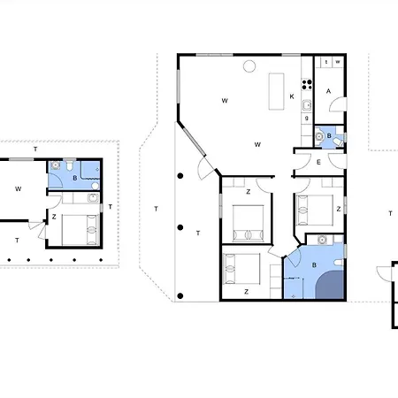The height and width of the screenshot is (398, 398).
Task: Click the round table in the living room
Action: [x=249, y=66]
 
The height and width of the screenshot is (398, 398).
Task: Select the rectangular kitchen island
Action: [x=277, y=91]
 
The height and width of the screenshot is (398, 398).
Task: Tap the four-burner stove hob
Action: [x=307, y=84]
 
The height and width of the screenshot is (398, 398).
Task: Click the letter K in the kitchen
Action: [x=292, y=96]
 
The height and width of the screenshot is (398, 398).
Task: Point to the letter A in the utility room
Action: [x=328, y=91]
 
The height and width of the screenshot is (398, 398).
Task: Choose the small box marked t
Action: [x=326, y=62]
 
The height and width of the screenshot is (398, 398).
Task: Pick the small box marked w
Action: [x=338, y=62]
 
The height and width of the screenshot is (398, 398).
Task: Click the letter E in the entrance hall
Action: [x=318, y=162]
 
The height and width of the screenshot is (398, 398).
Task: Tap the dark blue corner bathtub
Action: [x=330, y=285]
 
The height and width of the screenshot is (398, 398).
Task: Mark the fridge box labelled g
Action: [x=307, y=119]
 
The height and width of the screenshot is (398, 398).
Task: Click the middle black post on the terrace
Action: [x=180, y=227]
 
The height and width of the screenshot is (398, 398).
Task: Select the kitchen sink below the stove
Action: [x=307, y=105]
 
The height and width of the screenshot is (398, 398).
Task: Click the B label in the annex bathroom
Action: [x=75, y=178]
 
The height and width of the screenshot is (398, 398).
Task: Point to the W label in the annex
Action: [x=18, y=189]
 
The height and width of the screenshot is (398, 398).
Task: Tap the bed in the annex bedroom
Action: [x=80, y=230]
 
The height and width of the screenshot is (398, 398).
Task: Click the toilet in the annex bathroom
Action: [x=70, y=165]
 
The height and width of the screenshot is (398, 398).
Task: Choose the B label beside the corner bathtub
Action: [x=314, y=265]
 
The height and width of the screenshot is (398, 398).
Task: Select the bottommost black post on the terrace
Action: [x=180, y=296]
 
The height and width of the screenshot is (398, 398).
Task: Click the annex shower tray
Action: [x=90, y=170]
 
